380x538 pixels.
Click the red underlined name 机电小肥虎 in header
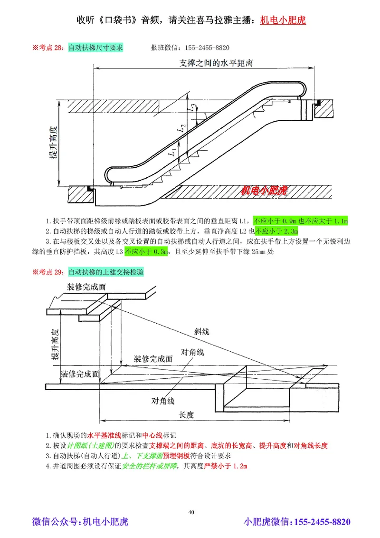coord(283,20)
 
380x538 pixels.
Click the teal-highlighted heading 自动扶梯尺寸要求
coord(95,48)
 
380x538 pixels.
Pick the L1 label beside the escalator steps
coord(173,153)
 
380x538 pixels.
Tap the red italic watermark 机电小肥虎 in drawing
coord(264,191)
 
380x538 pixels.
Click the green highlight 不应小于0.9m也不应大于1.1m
coord(301,221)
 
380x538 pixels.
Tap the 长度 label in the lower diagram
coord(187,415)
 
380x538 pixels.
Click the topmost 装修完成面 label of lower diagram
coord(86,287)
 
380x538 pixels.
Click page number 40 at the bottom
coord(191,512)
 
